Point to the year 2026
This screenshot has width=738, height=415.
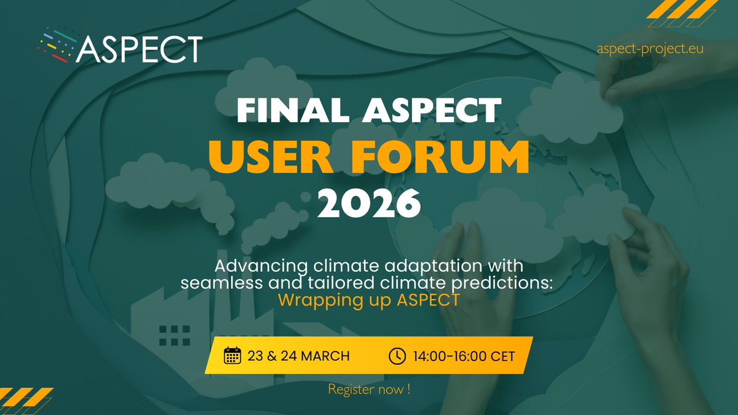tap(369, 205)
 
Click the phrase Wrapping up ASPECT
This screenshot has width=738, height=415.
tap(368, 302)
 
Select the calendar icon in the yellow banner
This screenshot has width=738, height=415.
tap(232, 355)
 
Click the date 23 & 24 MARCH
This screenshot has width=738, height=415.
tap(298, 356)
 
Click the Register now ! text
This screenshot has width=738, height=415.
tap(368, 389)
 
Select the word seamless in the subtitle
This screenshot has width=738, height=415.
tap(214, 284)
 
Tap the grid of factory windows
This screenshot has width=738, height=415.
tap(175, 335)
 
